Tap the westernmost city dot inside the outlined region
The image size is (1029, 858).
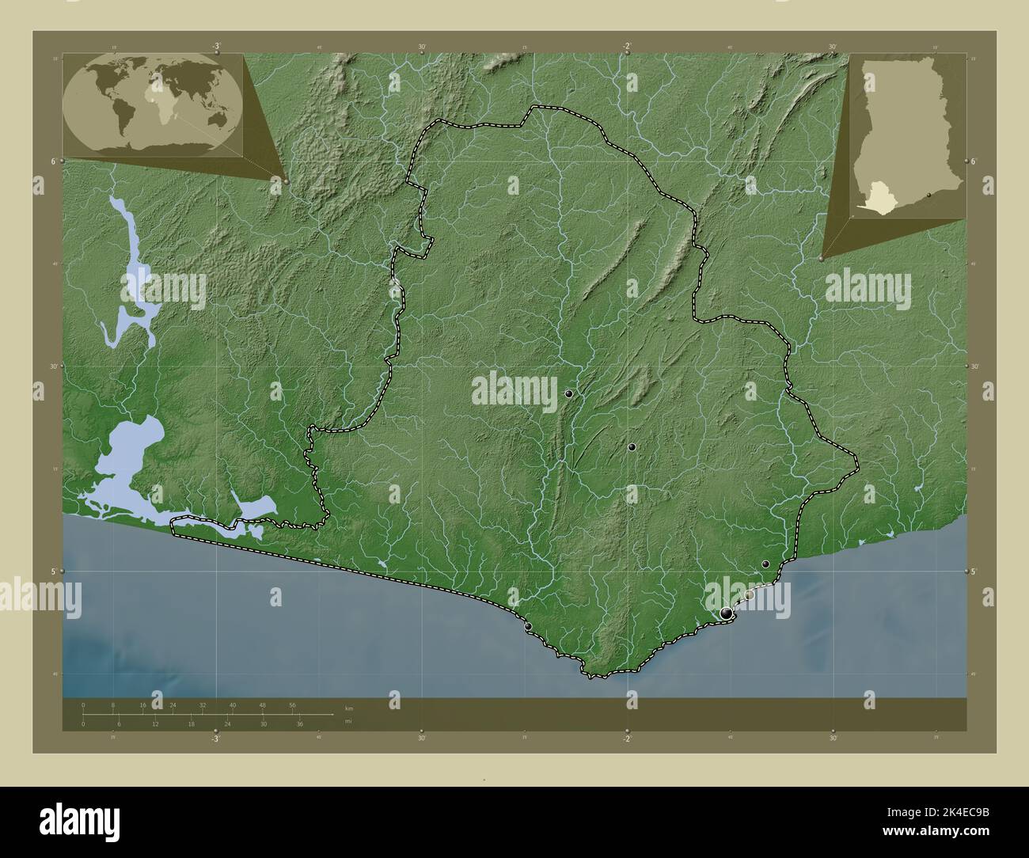click(528, 626)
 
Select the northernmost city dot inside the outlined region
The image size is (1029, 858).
click(568, 393)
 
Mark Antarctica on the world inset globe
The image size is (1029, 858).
click(154, 144)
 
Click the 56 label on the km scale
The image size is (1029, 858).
click(292, 704)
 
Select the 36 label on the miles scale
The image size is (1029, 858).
click(300, 724)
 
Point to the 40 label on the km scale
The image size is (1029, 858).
click(233, 704)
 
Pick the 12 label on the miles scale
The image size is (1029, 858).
click(155, 724)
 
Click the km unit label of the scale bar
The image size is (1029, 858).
click(348, 707)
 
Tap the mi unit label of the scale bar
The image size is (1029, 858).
click(347, 721)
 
